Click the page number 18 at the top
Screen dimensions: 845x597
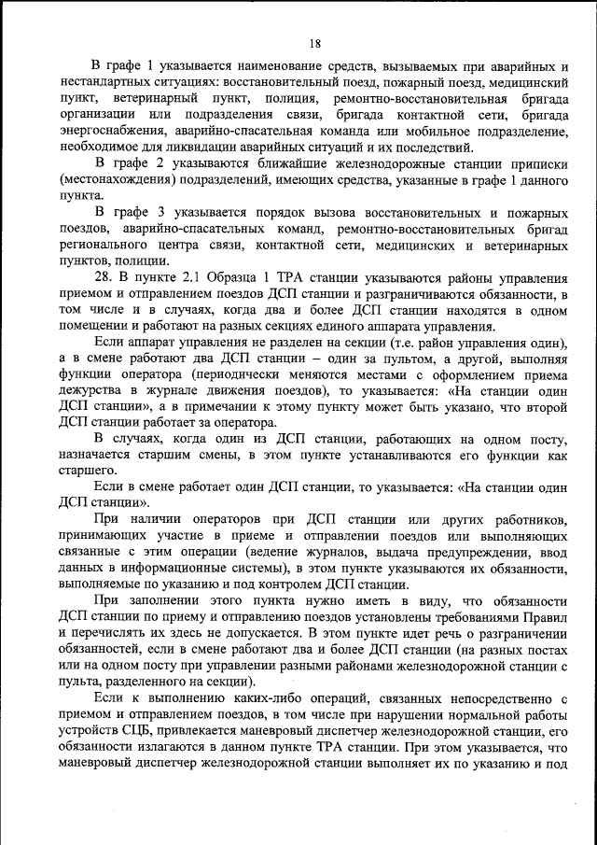point(314,43)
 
